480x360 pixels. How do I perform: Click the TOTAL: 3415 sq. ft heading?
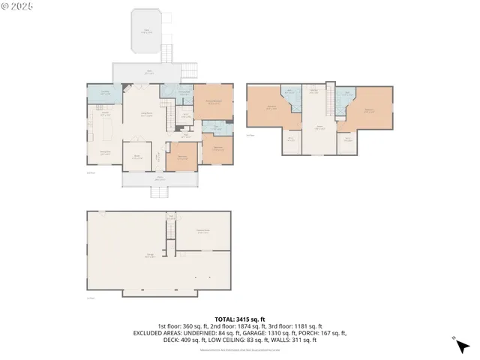click(239, 319)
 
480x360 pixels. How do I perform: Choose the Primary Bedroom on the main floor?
click(213, 103)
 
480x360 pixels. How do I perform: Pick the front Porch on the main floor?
click(159, 179)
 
